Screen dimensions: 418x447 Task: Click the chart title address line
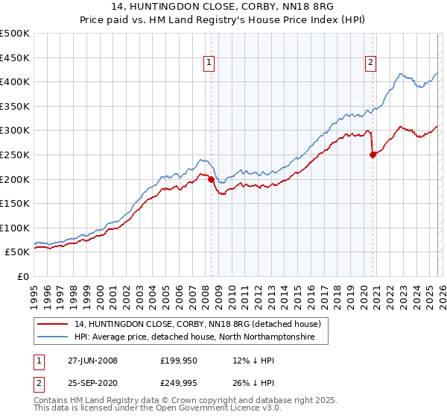point(223,9)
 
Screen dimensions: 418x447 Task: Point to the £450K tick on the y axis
point(15,57)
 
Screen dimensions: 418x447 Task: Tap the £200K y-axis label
point(15,179)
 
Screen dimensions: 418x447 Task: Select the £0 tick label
point(22,277)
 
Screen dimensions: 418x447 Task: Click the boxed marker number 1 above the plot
point(210,63)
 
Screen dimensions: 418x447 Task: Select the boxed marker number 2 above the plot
point(370,63)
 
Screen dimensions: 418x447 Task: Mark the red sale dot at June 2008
point(211,179)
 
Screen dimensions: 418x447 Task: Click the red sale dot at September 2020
point(373,155)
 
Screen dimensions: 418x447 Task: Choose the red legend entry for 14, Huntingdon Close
point(197,324)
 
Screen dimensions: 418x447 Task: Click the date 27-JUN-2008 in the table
point(92,361)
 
